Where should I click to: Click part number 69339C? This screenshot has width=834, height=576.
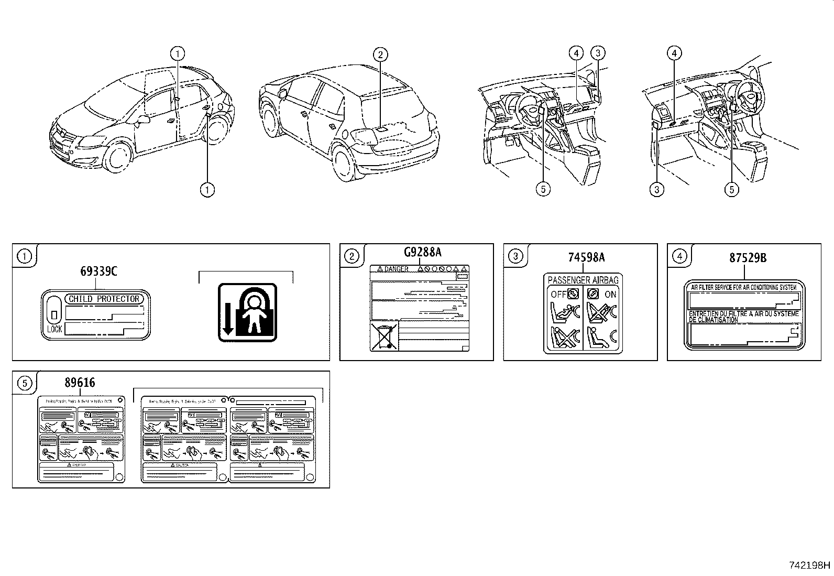[98, 271]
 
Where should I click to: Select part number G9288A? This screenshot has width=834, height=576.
[422, 253]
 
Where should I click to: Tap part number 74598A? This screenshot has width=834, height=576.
[586, 257]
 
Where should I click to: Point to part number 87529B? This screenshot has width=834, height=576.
[748, 258]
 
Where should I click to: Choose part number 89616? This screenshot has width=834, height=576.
[80, 383]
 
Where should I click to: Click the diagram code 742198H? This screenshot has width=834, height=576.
[809, 565]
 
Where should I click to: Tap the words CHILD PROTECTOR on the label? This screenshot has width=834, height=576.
[104, 299]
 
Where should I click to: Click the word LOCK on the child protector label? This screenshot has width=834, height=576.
[54, 329]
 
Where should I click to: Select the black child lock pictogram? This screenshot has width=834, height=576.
[247, 312]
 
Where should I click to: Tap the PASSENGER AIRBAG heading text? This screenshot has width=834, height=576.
[583, 280]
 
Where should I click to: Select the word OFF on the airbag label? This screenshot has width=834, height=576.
[558, 294]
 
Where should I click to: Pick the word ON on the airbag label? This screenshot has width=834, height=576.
[610, 295]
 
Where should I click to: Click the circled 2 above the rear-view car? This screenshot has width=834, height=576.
[380, 53]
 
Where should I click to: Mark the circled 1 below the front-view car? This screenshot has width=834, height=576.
[208, 189]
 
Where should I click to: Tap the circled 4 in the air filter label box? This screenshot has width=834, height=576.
[679, 256]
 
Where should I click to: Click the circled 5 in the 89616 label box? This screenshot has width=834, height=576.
[25, 383]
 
